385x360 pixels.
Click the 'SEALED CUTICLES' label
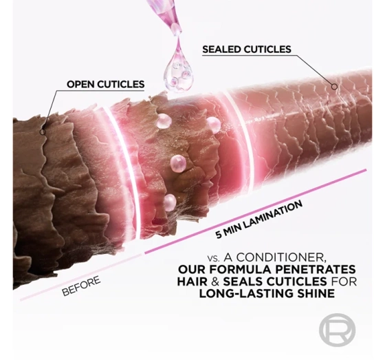247,49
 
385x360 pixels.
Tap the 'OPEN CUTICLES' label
106,84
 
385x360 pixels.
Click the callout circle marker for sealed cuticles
334,87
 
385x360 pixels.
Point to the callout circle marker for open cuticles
43,132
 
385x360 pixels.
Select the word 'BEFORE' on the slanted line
81,286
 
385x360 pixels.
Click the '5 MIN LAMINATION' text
258,220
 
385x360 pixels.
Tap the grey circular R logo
337,330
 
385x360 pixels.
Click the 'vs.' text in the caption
214,258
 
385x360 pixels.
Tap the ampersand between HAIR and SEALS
215,282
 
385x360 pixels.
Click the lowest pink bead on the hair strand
170,202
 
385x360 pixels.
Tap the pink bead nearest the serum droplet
164,121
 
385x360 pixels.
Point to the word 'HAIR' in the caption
192,282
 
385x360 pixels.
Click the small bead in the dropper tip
175,28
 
